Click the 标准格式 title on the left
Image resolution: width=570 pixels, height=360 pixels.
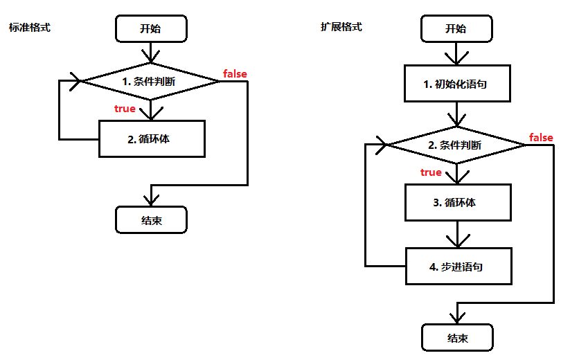point(30,28)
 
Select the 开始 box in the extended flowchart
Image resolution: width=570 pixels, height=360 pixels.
point(456,28)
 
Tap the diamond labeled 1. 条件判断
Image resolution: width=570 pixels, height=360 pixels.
point(150,81)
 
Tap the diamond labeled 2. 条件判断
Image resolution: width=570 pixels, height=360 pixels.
point(456,145)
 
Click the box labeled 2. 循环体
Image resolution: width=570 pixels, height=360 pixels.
point(152,138)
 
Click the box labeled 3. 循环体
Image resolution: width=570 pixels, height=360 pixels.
point(457,203)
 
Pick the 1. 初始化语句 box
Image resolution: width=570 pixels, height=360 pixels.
point(457,84)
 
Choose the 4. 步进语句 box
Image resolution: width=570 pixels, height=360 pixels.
point(457,267)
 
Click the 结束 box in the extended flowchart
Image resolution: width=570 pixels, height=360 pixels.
point(457,338)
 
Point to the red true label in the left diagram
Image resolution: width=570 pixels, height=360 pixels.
point(125,109)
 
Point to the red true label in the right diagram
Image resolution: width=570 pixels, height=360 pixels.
point(431,172)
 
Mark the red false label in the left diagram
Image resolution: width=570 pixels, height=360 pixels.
point(235,73)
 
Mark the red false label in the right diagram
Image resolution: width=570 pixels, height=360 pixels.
point(541,137)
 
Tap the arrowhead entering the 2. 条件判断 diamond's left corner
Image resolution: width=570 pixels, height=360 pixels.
point(380,145)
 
